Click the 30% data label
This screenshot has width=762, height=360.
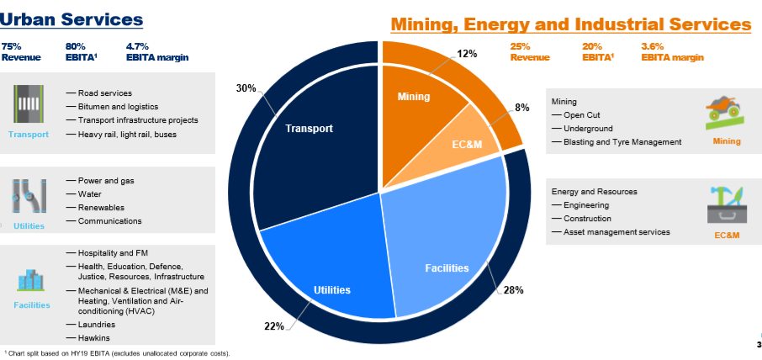(246, 88)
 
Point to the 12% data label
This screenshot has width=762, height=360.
(467, 54)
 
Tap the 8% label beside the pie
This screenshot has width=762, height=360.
(522, 108)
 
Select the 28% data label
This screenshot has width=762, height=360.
(513, 290)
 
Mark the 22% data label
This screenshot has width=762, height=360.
(274, 326)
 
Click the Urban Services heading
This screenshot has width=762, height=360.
(71, 19)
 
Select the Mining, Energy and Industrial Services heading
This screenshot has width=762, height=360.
(571, 24)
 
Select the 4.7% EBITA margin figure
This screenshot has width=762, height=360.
(157, 52)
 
